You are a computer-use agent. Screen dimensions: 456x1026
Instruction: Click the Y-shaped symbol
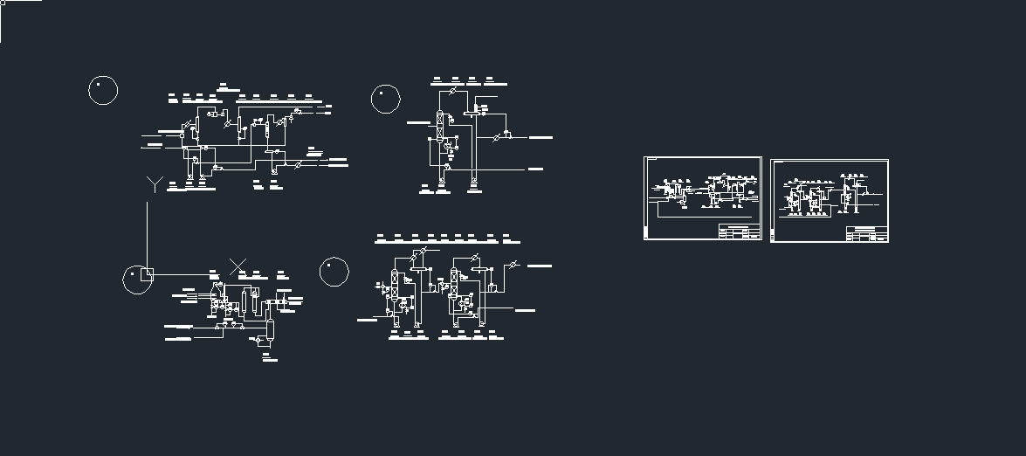coord(155,183)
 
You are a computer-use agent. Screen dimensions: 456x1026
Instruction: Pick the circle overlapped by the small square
coord(135,279)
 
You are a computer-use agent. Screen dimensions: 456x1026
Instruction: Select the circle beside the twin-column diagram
coord(334,272)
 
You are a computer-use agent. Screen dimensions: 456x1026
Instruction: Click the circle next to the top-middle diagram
coord(386,99)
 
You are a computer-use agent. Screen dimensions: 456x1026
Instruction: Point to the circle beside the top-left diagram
coord(103,90)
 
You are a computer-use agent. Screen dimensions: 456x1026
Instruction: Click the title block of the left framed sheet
coord(739,231)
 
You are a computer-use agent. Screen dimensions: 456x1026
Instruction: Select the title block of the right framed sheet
coord(866,234)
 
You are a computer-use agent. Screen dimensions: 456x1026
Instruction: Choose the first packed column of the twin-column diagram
coord(395,284)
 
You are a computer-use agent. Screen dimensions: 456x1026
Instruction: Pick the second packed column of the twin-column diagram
coord(454,283)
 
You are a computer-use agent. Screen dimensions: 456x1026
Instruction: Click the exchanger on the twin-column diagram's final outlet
coord(513,265)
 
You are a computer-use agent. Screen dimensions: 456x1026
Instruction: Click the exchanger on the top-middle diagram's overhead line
coord(453,91)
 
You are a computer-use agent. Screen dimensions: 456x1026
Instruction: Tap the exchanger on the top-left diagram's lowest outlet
coord(300,164)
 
